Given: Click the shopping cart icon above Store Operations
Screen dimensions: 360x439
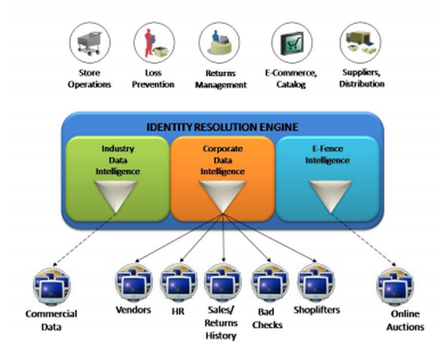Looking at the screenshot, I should click(90, 43).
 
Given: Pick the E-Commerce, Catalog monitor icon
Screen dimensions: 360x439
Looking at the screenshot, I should click(291, 43).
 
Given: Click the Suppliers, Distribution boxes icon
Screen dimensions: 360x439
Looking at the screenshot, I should click(360, 43).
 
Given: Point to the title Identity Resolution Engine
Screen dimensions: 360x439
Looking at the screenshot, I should click(222, 127).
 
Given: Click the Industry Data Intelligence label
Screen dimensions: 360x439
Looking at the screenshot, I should click(118, 160).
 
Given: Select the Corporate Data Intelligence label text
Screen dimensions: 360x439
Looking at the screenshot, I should click(223, 160).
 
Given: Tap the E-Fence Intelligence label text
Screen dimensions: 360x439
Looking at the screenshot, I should click(327, 155).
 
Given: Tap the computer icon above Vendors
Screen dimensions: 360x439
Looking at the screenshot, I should click(133, 283).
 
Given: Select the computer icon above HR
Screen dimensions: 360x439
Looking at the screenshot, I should click(178, 283).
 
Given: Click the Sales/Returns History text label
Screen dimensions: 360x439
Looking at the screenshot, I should click(222, 323).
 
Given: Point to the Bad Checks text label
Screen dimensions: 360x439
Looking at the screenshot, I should click(268, 318).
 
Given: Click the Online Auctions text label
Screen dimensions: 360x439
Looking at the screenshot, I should click(405, 320).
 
